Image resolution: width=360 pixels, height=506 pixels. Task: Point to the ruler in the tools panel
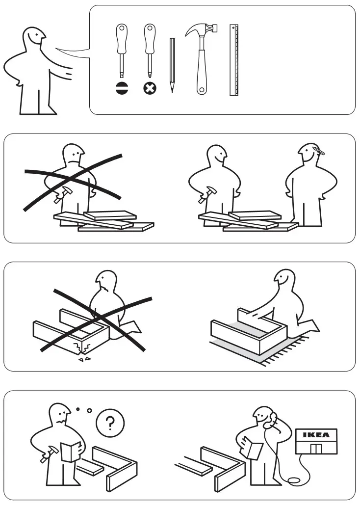pyautogui.click(x=234, y=60)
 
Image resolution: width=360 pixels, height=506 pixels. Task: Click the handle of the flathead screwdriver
pyautogui.click(x=121, y=37)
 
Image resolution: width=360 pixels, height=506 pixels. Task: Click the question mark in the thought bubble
pyautogui.click(x=110, y=423)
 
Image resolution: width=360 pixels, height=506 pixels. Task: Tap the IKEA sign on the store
pyautogui.click(x=316, y=435)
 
